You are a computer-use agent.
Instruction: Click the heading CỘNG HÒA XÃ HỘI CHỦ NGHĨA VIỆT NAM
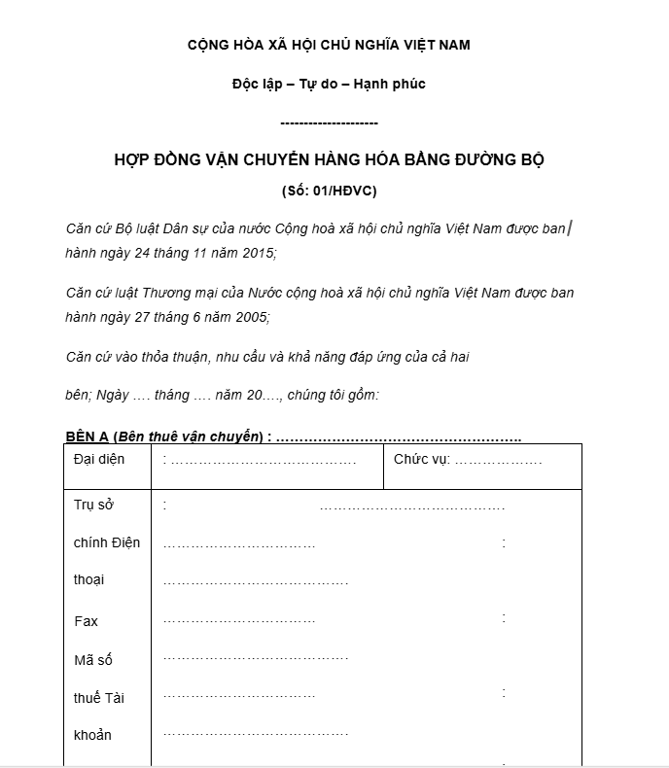click(329, 46)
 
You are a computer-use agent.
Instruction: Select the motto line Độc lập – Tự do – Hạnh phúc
click(329, 84)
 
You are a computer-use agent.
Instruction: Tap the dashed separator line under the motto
click(329, 122)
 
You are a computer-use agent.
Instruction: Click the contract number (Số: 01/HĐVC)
click(329, 190)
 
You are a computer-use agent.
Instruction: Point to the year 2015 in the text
click(257, 254)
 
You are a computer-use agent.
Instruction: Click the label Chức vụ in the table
click(421, 458)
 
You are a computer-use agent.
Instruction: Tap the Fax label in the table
click(86, 621)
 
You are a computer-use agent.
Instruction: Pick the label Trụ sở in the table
click(93, 505)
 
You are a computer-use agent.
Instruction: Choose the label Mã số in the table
click(93, 660)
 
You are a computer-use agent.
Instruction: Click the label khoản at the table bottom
click(93, 735)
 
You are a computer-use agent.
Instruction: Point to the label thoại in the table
click(89, 580)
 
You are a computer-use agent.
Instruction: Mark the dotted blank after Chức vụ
click(498, 459)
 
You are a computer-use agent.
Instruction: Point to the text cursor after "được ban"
click(570, 229)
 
